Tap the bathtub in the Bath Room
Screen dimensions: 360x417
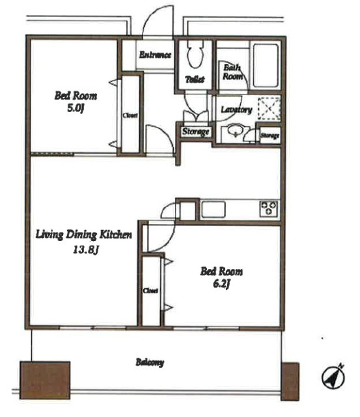[266, 66]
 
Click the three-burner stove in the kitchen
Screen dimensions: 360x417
[269, 208]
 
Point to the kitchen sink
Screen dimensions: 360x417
[214, 209]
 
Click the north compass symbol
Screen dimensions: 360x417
[333, 377]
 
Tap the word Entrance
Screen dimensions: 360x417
[155, 55]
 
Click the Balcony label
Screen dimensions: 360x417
[150, 362]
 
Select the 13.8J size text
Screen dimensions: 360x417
[86, 250]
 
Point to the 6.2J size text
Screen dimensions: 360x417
[221, 284]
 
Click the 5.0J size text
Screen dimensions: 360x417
[76, 109]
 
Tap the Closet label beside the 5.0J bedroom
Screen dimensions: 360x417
[130, 115]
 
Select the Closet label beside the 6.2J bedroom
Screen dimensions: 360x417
[150, 291]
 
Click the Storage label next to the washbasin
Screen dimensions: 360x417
[270, 136]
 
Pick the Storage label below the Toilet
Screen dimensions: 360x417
[196, 132]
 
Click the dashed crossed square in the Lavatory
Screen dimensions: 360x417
[269, 108]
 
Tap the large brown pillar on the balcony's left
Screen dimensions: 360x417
[45, 380]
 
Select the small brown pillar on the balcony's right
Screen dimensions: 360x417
[290, 381]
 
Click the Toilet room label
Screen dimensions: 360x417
[195, 79]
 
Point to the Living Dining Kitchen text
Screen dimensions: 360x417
[83, 235]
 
